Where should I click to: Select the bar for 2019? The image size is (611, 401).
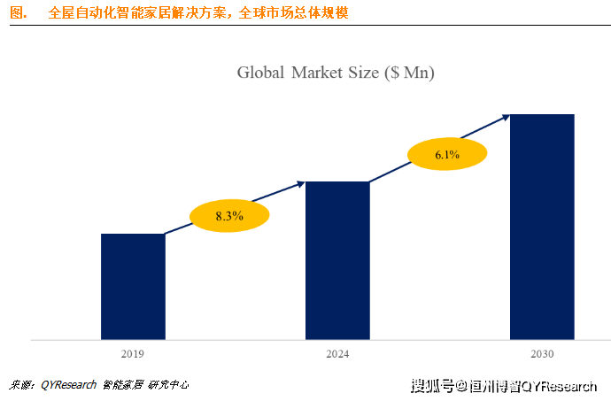pos(133,286)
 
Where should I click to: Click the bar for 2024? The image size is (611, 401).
pos(337,260)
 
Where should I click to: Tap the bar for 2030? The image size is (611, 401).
pos(542,227)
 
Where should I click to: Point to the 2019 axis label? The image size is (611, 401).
pos(133,354)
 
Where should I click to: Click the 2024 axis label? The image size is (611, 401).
pos(337,354)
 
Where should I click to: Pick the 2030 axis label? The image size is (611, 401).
pos(542,354)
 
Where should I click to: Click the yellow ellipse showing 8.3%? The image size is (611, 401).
pos(229,214)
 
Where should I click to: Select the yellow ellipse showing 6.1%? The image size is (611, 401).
pos(446,155)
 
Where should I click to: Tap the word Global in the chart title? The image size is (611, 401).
pos(262,72)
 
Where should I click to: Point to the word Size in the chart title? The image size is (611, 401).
pos(367,72)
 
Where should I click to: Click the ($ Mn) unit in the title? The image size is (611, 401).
pos(410,72)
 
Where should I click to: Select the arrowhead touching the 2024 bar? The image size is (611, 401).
pos(300,183)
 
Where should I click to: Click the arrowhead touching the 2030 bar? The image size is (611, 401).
pos(505,115)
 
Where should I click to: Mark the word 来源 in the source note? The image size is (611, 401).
pos(20,385)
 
